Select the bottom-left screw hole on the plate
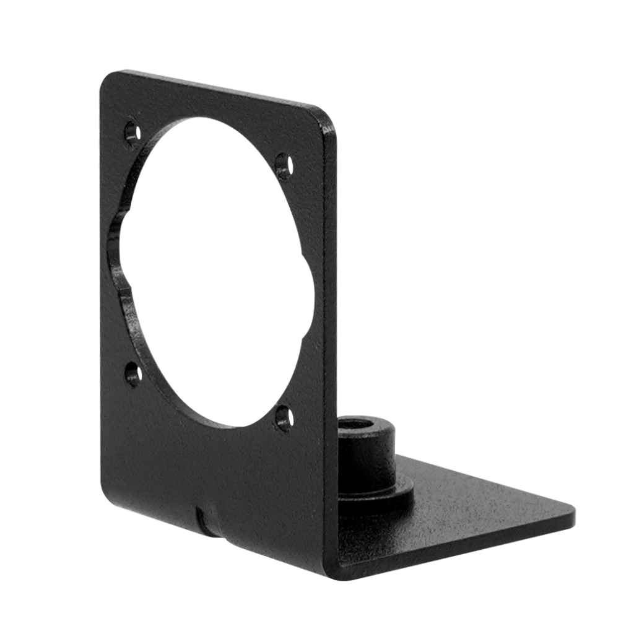132,373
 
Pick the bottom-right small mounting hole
284,415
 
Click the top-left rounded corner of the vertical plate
109,80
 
